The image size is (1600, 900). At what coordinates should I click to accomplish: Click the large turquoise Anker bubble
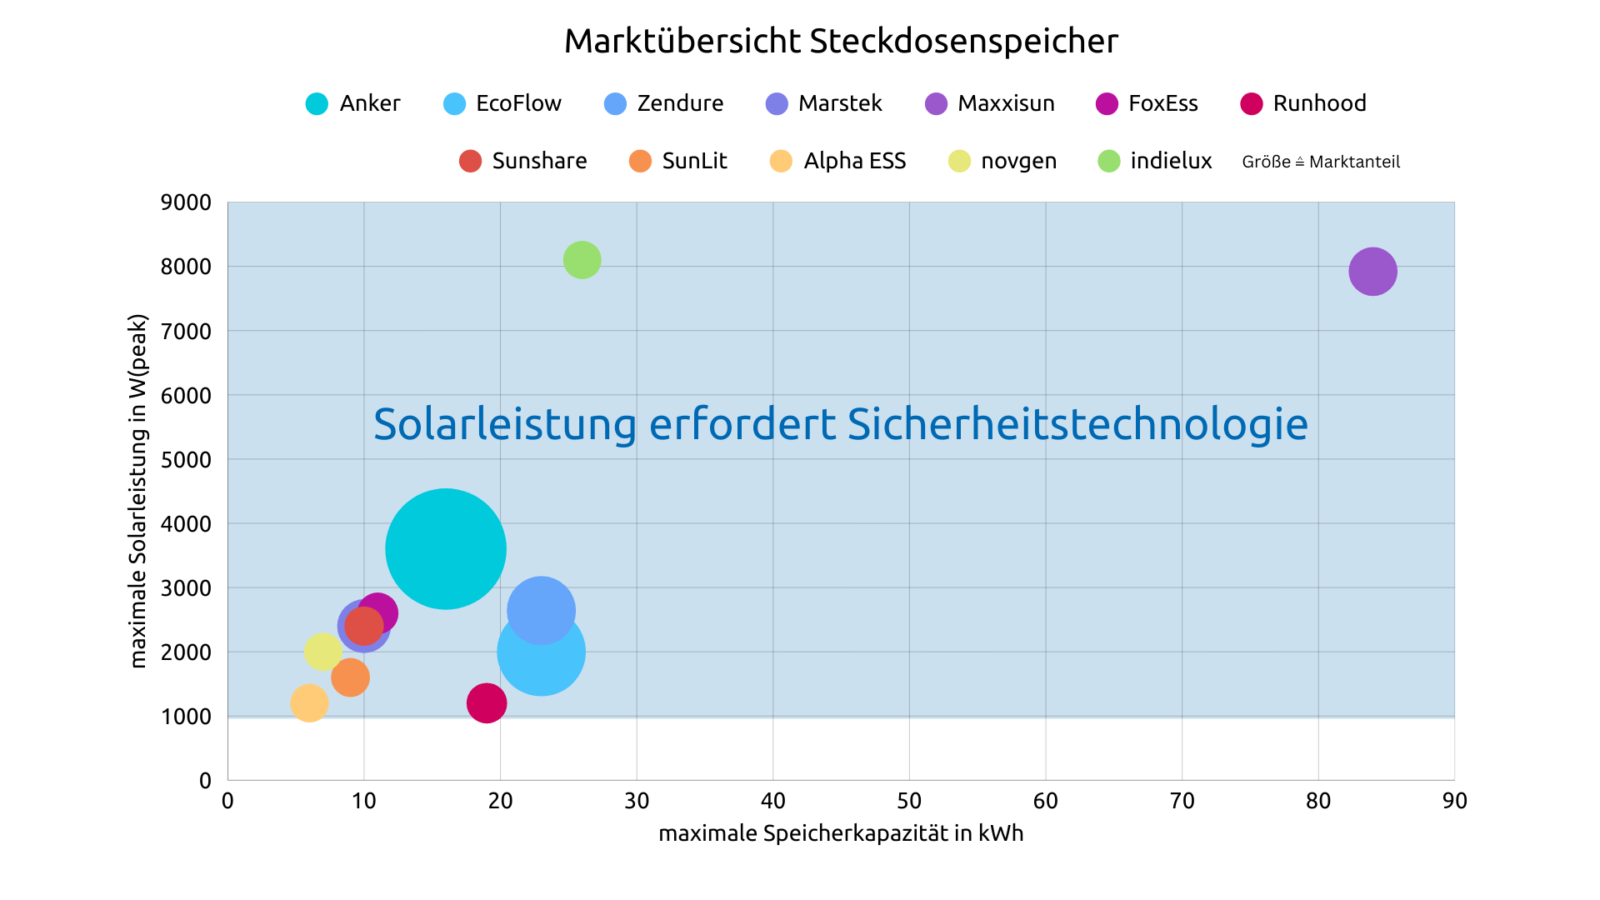[x=446, y=548]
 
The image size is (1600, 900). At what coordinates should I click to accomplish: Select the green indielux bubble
[x=582, y=260]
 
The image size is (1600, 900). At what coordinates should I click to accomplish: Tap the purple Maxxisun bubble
[x=1372, y=272]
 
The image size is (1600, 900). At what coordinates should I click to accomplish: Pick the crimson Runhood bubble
[x=487, y=703]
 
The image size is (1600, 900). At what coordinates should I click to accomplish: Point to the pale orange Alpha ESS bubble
[x=308, y=703]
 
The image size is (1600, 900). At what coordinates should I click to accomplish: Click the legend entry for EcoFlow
[x=503, y=103]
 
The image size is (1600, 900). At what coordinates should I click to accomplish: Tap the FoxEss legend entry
[x=1147, y=103]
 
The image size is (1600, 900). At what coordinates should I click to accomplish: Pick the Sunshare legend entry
[x=523, y=161]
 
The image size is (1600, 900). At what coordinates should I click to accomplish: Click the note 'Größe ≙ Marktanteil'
[x=1321, y=162]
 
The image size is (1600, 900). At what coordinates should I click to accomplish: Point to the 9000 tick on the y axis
[x=186, y=202]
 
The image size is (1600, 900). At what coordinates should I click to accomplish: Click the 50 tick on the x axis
[x=909, y=801]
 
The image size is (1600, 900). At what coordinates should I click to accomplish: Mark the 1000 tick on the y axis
[x=186, y=717]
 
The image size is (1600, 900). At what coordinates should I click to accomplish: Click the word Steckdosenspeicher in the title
[x=963, y=41]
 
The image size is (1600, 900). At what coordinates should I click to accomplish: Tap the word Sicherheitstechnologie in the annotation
[x=1077, y=424]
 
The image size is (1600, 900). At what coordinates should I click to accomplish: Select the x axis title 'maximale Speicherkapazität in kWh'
[x=841, y=833]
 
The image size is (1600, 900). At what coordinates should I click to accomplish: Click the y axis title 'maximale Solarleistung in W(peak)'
[x=138, y=491]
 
